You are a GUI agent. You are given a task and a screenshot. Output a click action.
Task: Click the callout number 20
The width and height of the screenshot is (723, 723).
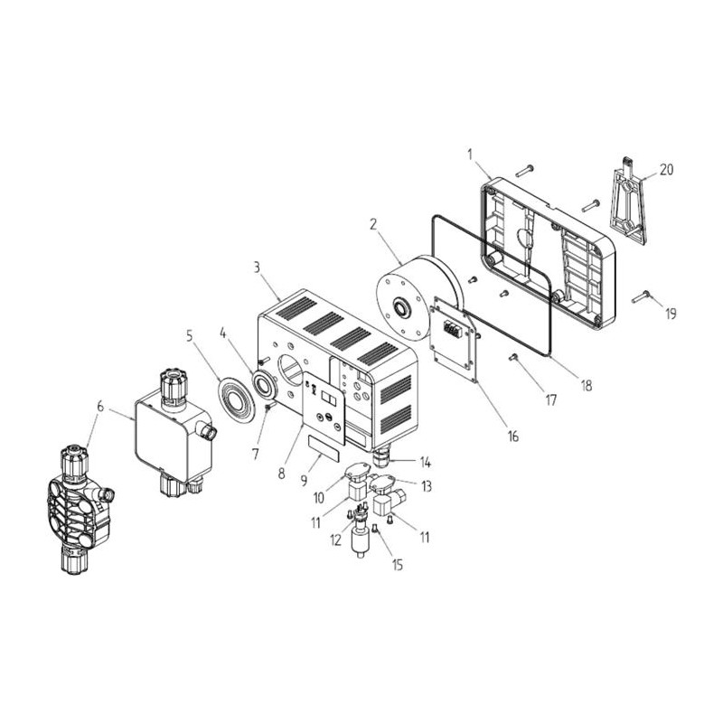click(x=666, y=170)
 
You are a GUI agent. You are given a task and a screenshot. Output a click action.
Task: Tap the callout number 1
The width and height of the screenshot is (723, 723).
click(x=470, y=155)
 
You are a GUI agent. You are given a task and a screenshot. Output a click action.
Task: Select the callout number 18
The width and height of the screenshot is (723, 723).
click(x=586, y=385)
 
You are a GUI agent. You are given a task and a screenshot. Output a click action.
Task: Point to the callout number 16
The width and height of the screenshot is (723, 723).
click(x=512, y=436)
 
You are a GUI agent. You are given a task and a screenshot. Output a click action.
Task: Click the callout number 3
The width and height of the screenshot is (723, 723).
click(x=257, y=268)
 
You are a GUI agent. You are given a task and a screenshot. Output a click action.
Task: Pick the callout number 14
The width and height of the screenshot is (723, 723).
click(x=425, y=462)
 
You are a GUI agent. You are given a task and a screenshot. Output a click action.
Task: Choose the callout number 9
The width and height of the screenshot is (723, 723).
click(x=304, y=481)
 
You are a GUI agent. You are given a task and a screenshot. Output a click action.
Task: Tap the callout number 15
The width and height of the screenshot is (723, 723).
click(x=398, y=564)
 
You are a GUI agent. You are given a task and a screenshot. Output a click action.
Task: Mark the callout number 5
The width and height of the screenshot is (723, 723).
click(x=190, y=335)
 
